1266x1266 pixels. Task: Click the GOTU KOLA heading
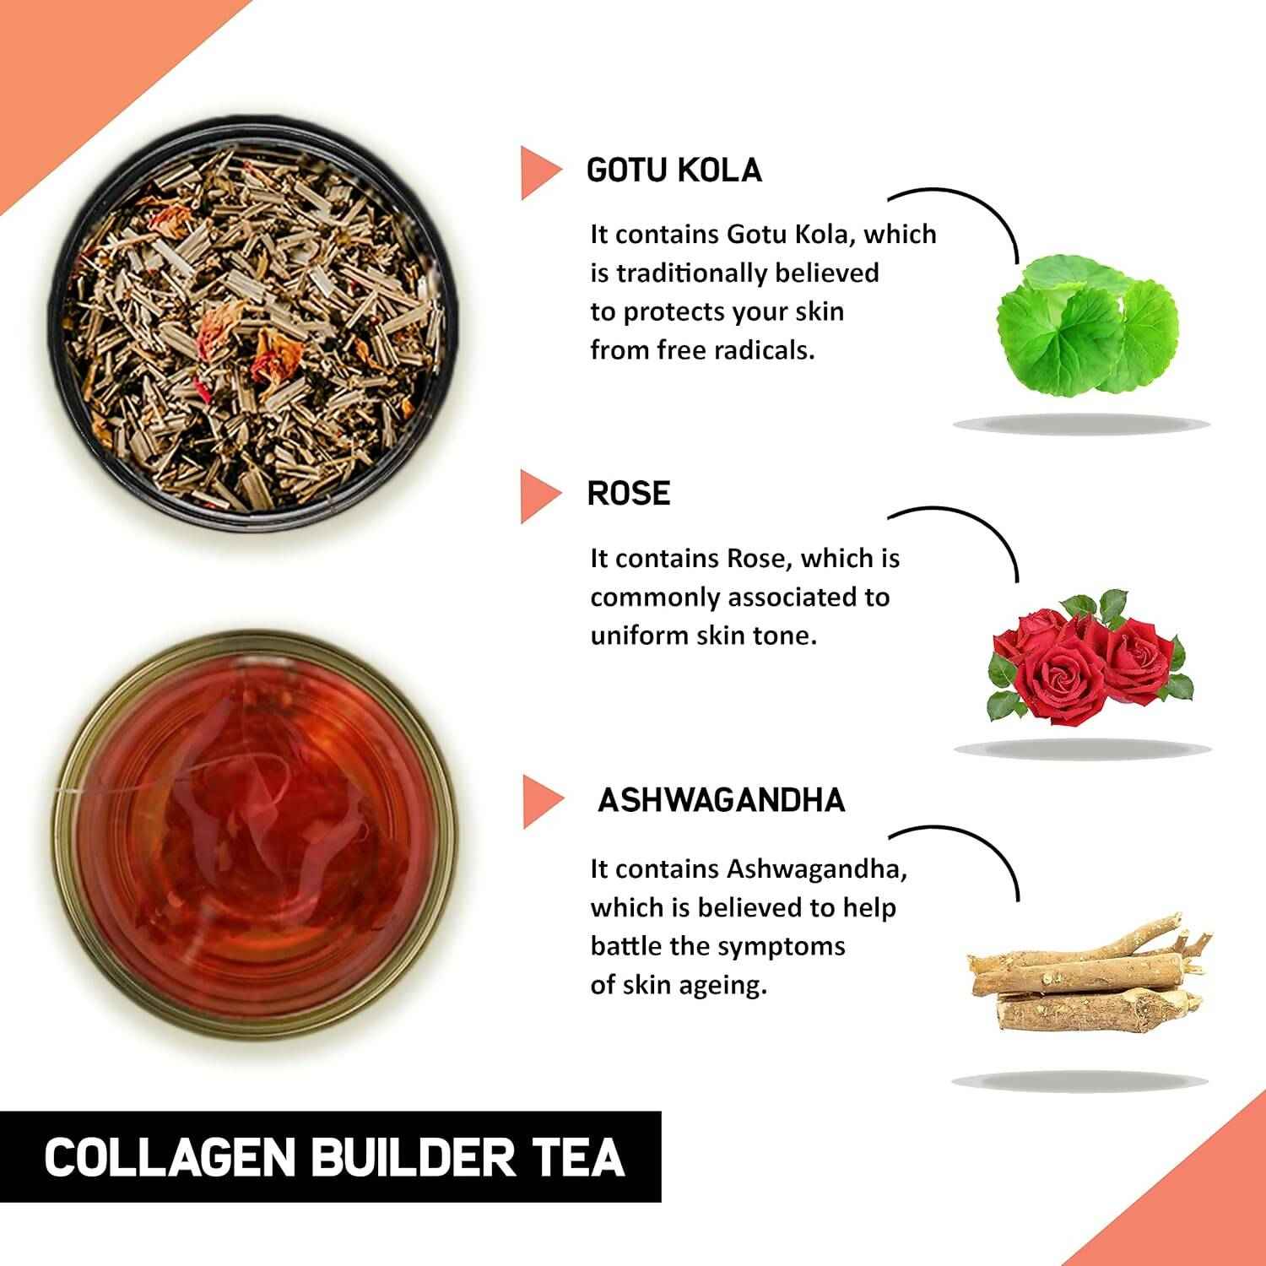point(674,170)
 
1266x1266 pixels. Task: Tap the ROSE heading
point(629,494)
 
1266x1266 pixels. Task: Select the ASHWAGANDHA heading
point(721,800)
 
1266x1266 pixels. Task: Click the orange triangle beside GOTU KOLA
point(538,172)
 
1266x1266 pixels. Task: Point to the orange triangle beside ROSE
point(538,495)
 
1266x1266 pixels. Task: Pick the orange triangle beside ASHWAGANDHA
point(540,801)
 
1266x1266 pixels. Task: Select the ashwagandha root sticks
point(1085,979)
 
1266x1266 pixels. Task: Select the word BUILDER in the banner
point(412,1157)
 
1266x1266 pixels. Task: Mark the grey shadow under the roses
point(1082,748)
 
